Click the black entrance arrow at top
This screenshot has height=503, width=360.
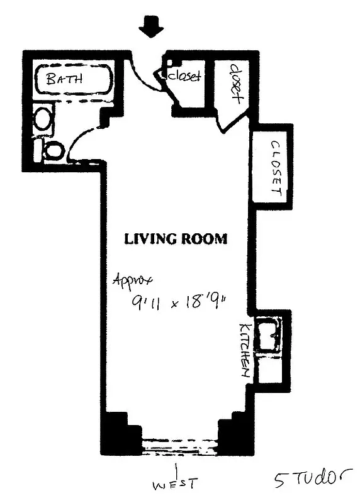(151, 27)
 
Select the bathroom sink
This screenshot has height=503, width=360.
(43, 119)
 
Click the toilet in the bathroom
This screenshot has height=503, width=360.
(53, 150)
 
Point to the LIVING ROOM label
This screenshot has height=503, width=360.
(175, 239)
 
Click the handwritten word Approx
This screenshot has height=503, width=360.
(133, 280)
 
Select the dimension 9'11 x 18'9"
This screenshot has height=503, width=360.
(178, 302)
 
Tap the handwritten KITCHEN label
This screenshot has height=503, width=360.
(245, 351)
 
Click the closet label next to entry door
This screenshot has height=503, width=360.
(184, 76)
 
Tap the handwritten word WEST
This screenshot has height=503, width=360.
(176, 484)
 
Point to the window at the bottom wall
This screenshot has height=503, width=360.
(180, 446)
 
